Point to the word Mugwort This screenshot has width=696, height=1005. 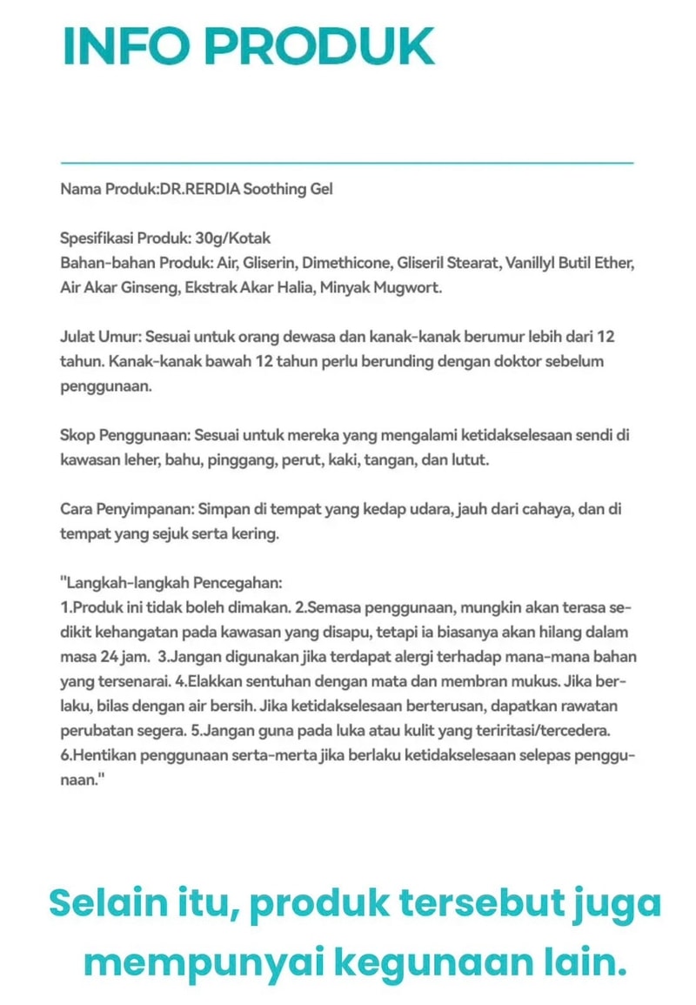click(412, 287)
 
